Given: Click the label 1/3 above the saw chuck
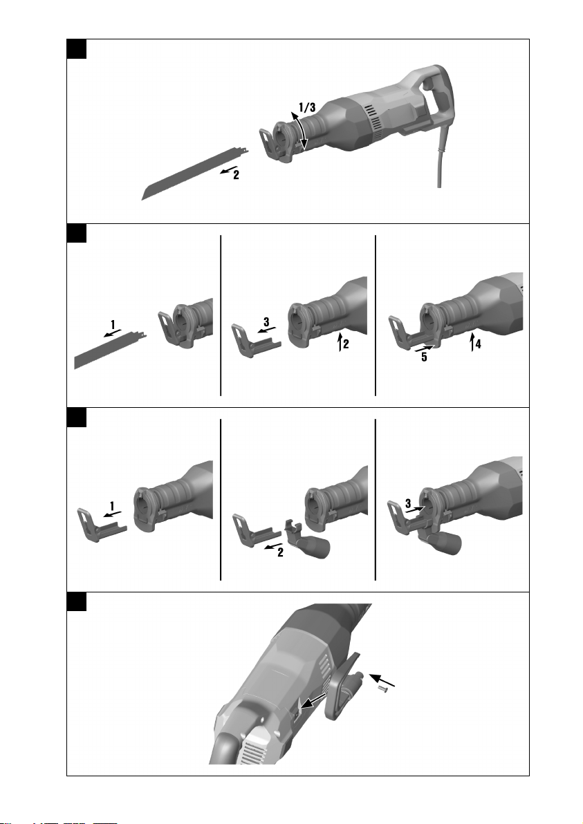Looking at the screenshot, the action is click(307, 108).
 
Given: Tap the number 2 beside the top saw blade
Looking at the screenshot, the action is click(236, 175).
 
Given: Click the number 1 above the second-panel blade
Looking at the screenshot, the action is click(113, 326).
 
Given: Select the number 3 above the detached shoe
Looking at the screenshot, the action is click(266, 321).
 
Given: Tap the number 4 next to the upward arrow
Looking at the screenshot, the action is click(478, 344).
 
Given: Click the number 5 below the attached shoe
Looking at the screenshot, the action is click(424, 357).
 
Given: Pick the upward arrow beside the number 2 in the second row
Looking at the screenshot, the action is click(340, 342).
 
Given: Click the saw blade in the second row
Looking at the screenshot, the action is click(111, 350).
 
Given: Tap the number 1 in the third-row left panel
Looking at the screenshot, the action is click(112, 506).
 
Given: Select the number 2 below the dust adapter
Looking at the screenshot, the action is click(280, 552).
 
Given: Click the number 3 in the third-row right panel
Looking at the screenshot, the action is click(408, 504).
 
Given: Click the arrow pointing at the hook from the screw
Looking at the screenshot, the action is click(382, 680).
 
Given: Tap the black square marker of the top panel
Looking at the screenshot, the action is click(77, 49).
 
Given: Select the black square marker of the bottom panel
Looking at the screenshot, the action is click(77, 601).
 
